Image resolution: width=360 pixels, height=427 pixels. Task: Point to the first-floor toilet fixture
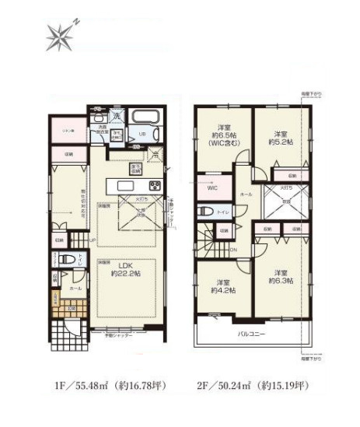[67, 261]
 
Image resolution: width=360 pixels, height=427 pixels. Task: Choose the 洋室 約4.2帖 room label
[221, 286]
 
